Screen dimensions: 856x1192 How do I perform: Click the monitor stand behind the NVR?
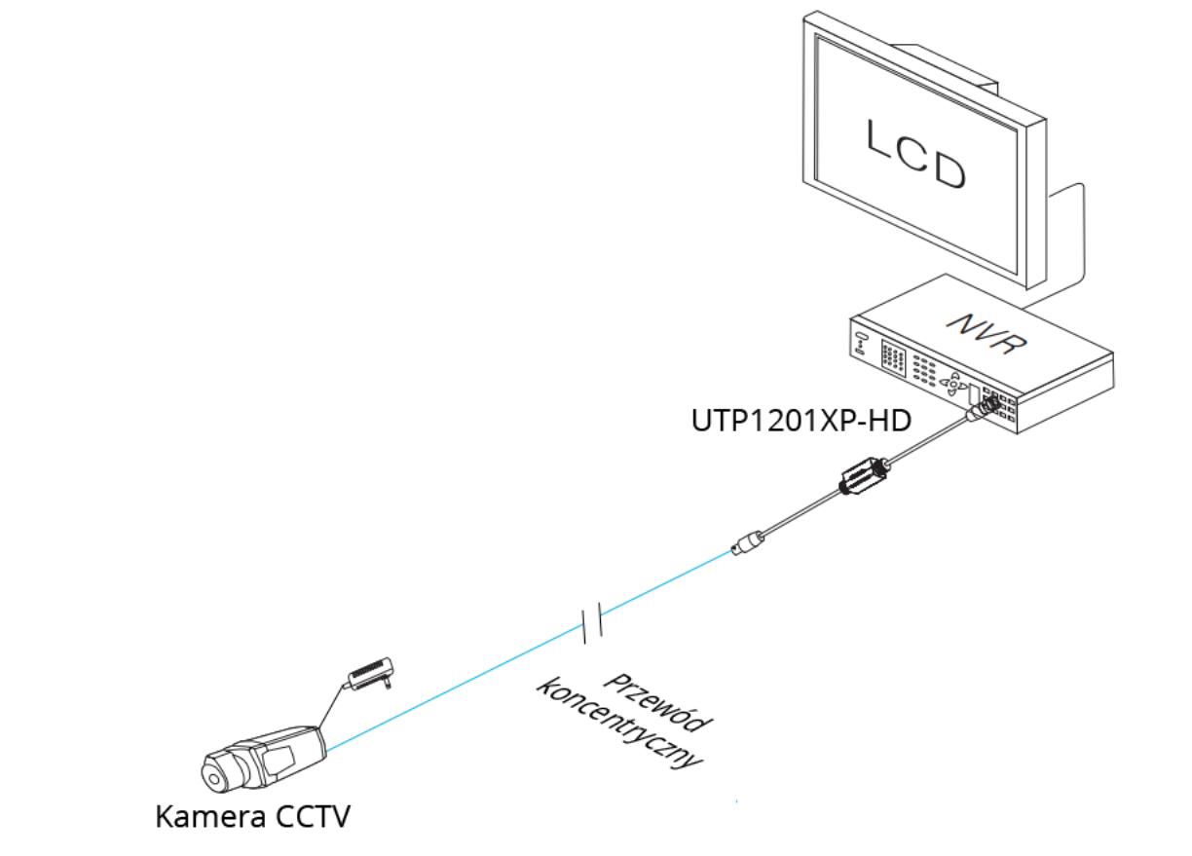[1067, 234]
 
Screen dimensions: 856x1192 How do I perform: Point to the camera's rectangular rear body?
[288, 747]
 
